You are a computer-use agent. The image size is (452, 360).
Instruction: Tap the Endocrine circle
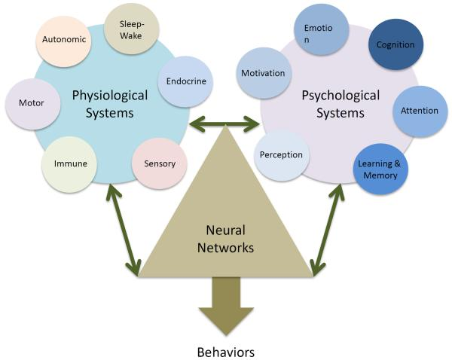tap(183, 81)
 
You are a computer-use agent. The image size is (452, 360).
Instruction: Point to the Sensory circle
tap(158, 163)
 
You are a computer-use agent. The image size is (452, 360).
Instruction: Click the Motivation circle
tap(263, 74)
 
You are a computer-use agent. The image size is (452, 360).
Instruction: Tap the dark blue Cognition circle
tap(395, 45)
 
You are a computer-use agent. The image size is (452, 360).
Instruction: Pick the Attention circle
tap(420, 111)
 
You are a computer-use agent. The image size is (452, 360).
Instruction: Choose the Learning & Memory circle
tap(380, 170)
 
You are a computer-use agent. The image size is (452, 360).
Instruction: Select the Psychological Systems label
tap(333, 104)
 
